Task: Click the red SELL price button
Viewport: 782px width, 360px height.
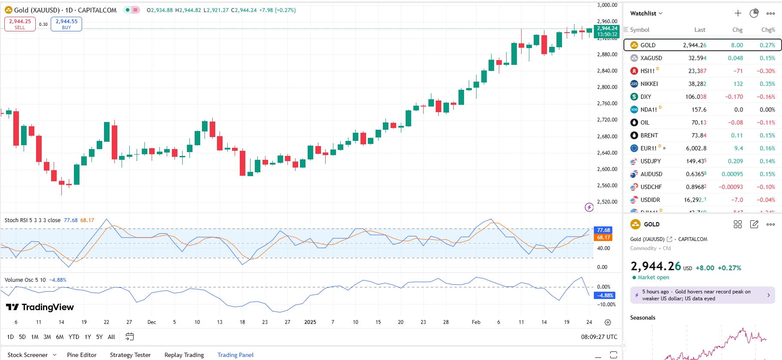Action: [x=20, y=24]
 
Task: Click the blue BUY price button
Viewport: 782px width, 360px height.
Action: [x=66, y=24]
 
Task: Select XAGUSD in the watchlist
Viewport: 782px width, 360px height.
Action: [x=651, y=58]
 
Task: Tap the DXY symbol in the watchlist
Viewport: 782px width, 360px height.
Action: [x=645, y=97]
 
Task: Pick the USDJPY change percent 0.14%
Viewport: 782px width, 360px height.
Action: [x=767, y=161]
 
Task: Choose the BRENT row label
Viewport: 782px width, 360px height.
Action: [x=649, y=135]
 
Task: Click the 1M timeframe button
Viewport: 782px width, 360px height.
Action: [x=35, y=337]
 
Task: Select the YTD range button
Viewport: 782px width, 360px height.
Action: [x=74, y=337]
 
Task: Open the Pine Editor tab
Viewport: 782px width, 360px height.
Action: [x=82, y=355]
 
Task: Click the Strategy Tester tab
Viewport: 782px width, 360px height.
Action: [x=130, y=355]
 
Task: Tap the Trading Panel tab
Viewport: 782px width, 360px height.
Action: [x=235, y=355]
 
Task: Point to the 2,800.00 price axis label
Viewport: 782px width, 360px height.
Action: [x=607, y=87]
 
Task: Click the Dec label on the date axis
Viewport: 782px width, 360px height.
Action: [x=152, y=322]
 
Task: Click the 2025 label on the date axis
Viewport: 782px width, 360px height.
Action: [x=310, y=322]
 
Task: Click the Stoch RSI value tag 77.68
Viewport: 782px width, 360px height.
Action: [x=603, y=230]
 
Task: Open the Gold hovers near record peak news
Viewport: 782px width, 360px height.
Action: [x=702, y=295]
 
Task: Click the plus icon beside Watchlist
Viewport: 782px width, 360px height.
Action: [x=738, y=13]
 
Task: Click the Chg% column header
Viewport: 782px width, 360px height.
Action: [x=768, y=30]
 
